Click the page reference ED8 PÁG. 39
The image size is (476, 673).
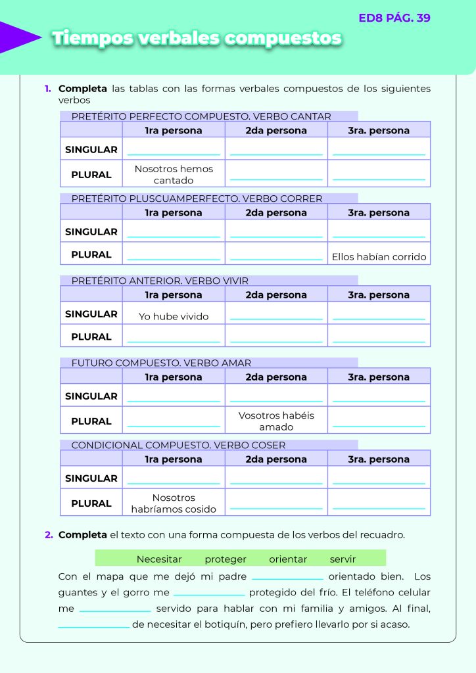[x=394, y=18]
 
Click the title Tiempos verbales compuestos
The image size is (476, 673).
[x=197, y=38]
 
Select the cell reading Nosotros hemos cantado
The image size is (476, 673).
[x=174, y=174]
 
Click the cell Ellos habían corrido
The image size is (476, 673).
[x=379, y=257]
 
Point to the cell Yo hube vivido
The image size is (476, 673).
[x=174, y=316]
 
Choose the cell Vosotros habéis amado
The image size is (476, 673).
[x=276, y=421]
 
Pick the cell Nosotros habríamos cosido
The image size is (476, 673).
[x=174, y=503]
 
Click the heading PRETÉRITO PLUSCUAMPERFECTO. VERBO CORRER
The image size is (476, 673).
[x=197, y=198]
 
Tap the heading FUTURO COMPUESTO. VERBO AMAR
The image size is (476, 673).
[x=161, y=363]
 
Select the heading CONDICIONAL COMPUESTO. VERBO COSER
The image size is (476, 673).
[x=178, y=445]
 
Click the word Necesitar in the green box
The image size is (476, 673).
[x=159, y=559]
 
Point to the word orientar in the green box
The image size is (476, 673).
[x=288, y=559]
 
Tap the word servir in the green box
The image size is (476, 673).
[x=343, y=559]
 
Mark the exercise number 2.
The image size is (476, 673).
[x=49, y=535]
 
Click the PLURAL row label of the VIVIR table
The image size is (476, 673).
[x=91, y=336]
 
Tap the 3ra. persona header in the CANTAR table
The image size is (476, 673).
[x=379, y=130]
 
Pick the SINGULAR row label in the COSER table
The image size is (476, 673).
[x=91, y=478]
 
